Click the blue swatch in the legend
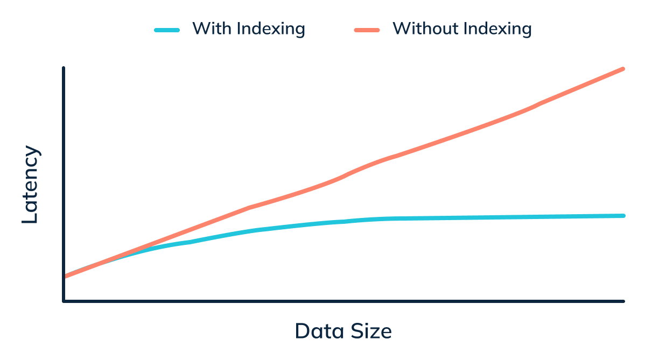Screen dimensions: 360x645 [166, 30]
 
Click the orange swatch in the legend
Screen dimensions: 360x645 [367, 30]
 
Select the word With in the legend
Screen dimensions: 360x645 [211, 29]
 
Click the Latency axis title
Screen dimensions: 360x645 [30, 185]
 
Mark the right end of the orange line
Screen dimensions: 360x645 [623, 69]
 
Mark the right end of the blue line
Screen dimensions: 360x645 [623, 216]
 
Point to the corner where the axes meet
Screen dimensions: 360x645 [64, 301]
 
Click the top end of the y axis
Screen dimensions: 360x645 [64, 68]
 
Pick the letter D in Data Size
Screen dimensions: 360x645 [303, 331]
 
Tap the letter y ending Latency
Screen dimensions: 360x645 [32, 151]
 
